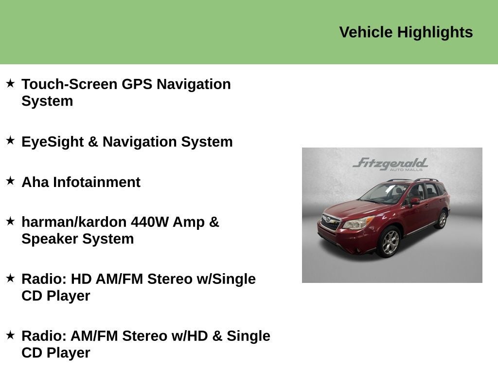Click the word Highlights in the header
(435, 33)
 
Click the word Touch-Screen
(70, 84)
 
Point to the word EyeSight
(53, 142)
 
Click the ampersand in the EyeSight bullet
(93, 142)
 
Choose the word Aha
(35, 182)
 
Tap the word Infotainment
(97, 182)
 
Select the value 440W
(150, 222)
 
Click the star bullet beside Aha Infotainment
(11, 181)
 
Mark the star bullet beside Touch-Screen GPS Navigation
(11, 84)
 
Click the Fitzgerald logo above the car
(391, 164)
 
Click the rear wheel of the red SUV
(442, 219)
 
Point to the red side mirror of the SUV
(414, 201)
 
